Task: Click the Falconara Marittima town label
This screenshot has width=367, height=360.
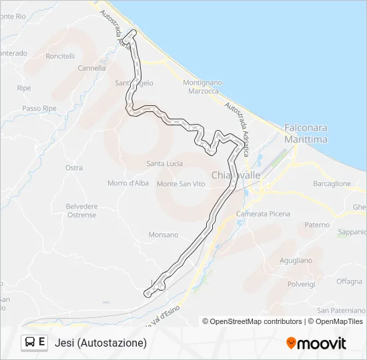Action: pyautogui.click(x=306, y=133)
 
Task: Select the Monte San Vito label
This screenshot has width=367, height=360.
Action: pyautogui.click(x=181, y=184)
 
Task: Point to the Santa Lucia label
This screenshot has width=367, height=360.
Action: pyautogui.click(x=165, y=163)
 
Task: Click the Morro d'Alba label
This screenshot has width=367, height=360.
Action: pyautogui.click(x=128, y=183)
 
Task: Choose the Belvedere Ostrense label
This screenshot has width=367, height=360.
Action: pyautogui.click(x=81, y=211)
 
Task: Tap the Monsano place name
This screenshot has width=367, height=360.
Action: pyautogui.click(x=163, y=235)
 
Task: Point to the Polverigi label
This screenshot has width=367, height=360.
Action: pyautogui.click(x=301, y=284)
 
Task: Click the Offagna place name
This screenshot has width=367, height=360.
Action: pyautogui.click(x=349, y=281)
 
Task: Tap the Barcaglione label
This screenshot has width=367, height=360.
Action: pyautogui.click(x=332, y=183)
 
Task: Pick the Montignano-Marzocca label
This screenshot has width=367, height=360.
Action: pyautogui.click(x=201, y=86)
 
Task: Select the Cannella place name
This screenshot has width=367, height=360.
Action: pyautogui.click(x=91, y=68)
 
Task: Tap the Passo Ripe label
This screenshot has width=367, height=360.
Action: pyautogui.click(x=39, y=108)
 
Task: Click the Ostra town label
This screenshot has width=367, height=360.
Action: pyautogui.click(x=74, y=168)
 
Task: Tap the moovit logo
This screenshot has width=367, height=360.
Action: pyautogui.click(x=316, y=343)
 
